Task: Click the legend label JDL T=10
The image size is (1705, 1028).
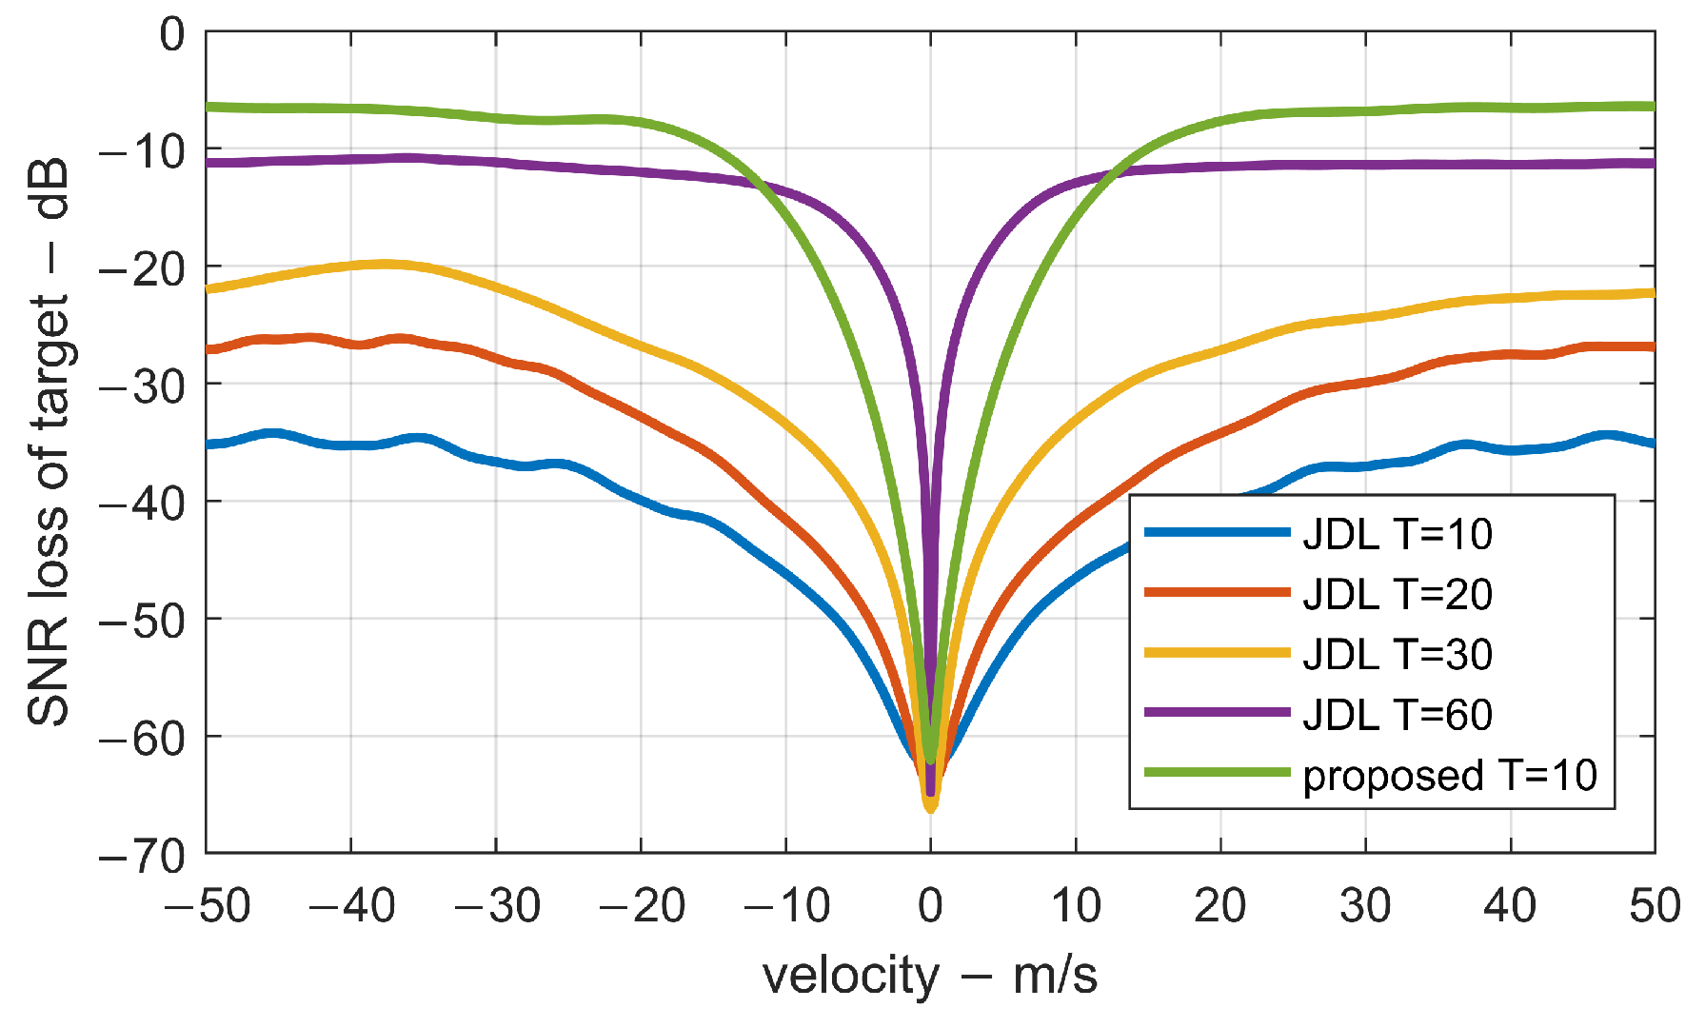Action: coord(1397,534)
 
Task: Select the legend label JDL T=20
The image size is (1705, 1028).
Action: coord(1397,594)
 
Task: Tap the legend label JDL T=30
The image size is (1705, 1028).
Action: coord(1397,654)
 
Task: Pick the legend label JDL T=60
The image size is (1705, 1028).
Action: coord(1397,714)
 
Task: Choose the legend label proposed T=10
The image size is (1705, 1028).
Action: coord(1449,776)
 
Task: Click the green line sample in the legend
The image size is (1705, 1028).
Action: coord(1217,772)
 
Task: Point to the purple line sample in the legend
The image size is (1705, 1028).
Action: coord(1217,712)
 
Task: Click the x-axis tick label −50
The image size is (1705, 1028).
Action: coord(207,905)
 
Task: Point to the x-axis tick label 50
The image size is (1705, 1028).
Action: coord(1654,905)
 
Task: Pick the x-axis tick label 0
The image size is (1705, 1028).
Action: coord(930,905)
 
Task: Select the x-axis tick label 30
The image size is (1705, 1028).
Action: coord(1364,905)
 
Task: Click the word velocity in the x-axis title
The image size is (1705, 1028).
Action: coord(850,977)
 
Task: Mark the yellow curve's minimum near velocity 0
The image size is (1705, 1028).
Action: coord(930,808)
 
